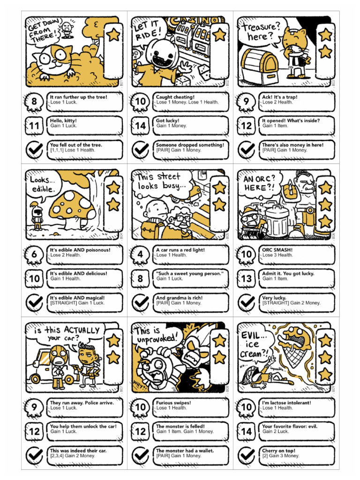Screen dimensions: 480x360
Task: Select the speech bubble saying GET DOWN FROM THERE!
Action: pos(44,31)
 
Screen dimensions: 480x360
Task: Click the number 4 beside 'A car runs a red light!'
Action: pos(140,255)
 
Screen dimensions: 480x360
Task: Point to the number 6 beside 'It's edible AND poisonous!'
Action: pos(34,255)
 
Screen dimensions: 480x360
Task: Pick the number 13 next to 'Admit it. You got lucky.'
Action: pos(246,278)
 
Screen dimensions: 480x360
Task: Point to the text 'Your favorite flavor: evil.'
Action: pos(290,427)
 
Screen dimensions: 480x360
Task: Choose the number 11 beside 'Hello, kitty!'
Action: pos(34,126)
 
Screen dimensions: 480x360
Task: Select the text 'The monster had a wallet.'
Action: pos(185,450)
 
